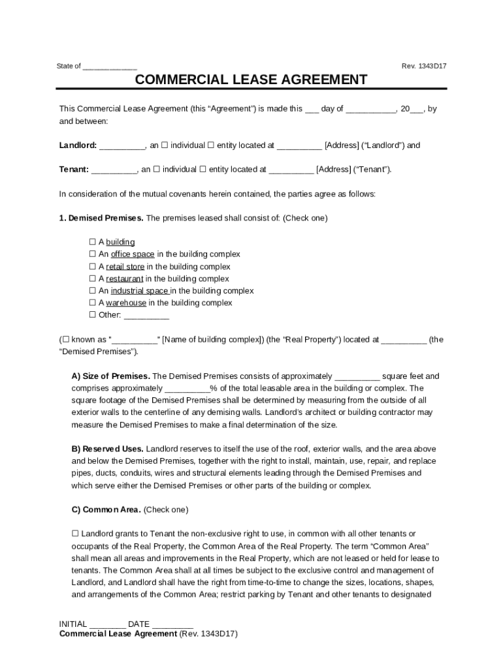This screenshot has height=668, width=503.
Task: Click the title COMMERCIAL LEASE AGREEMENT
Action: (251, 80)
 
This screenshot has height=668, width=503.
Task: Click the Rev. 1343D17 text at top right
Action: (424, 66)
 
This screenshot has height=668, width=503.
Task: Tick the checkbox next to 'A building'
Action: (92, 242)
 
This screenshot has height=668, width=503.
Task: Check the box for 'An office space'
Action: (92, 254)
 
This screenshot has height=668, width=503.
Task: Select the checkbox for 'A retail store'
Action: (92, 267)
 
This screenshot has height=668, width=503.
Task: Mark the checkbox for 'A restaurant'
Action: (92, 279)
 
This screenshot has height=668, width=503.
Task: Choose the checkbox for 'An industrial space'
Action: (92, 291)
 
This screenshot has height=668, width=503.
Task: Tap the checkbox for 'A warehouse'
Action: (92, 303)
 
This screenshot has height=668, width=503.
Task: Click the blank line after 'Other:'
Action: (146, 316)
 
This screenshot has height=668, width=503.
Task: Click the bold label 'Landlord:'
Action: (78, 145)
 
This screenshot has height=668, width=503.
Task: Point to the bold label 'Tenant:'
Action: (74, 170)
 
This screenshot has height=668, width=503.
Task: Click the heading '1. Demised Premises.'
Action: (101, 218)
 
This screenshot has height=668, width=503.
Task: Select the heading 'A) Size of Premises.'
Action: (110, 376)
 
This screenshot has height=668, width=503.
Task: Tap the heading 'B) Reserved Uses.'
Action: (106, 449)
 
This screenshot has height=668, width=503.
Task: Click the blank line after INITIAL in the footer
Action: (107, 625)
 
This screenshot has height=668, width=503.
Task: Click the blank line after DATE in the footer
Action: (172, 625)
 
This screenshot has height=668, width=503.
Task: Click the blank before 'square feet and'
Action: (357, 377)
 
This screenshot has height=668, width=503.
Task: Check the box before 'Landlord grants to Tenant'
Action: (75, 534)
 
